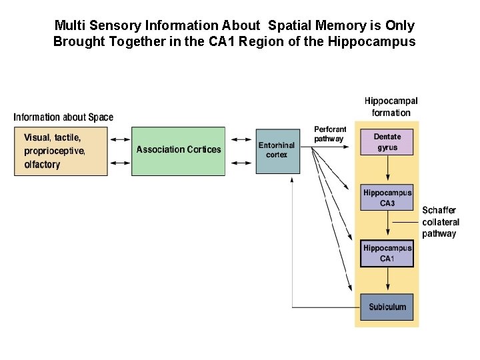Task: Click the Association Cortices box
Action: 178,151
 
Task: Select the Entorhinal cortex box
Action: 277,151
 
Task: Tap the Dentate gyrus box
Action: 387,142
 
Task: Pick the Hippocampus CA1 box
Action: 387,253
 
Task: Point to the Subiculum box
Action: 387,307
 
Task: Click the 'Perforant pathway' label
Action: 329,133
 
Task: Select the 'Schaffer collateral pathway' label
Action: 440,221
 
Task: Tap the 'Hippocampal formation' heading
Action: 391,107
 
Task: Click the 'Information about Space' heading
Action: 63,117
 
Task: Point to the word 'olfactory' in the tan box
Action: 42,165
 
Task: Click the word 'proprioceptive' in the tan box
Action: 54,151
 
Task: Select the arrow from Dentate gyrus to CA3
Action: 387,170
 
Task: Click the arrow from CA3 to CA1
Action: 387,226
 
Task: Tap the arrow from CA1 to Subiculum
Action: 387,281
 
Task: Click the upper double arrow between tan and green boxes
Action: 119,139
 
